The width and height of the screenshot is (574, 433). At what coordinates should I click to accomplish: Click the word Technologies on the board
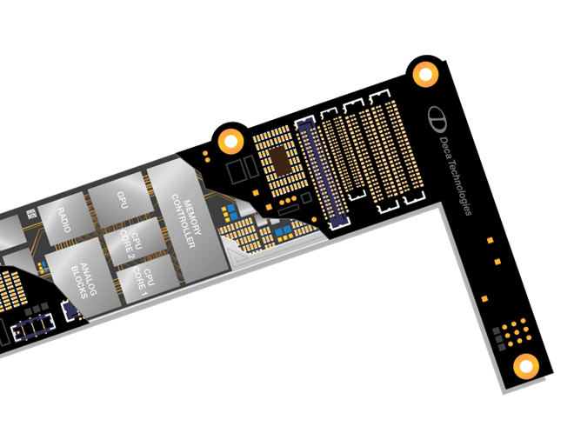click(x=461, y=179)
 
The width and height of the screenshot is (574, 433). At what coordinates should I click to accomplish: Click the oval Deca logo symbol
click(x=434, y=116)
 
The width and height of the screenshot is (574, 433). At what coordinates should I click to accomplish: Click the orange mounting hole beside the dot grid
click(x=524, y=365)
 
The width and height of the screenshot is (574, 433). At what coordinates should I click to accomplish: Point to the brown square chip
click(x=279, y=159)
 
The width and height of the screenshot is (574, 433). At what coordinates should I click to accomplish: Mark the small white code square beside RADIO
click(x=30, y=213)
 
